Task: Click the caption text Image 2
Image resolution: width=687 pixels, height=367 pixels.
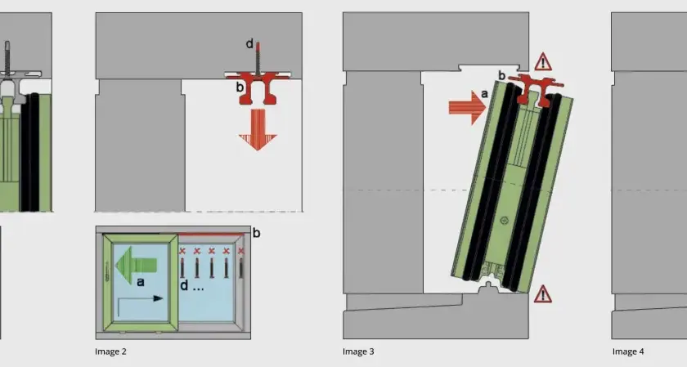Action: (x=110, y=351)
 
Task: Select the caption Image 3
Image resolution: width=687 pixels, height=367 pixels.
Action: (x=358, y=351)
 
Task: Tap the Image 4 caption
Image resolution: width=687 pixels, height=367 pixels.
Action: (x=628, y=351)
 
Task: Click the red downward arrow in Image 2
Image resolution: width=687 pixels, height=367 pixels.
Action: (x=258, y=130)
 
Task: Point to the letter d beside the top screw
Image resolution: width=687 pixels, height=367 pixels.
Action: (x=249, y=43)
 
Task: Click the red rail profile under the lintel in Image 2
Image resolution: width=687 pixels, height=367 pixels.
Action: (x=258, y=88)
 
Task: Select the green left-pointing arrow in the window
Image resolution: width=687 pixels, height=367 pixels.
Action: (x=136, y=265)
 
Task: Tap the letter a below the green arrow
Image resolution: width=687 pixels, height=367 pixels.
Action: (x=140, y=282)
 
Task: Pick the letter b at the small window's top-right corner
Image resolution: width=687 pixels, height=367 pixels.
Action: (x=256, y=233)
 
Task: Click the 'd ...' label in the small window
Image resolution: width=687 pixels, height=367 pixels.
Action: (x=192, y=286)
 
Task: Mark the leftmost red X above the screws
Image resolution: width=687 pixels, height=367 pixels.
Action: (x=182, y=251)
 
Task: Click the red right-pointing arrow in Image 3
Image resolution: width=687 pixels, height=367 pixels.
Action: (x=468, y=107)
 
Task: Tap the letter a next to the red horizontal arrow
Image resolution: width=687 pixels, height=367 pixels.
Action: (x=484, y=94)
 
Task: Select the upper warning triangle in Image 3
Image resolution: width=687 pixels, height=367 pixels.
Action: (x=543, y=62)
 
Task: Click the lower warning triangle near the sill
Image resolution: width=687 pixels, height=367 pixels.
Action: (x=543, y=294)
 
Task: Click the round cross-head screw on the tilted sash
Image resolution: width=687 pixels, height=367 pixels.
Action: (x=505, y=220)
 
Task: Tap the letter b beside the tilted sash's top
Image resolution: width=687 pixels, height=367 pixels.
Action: (x=502, y=75)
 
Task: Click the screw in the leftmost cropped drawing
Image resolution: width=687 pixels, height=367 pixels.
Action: (x=7, y=57)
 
